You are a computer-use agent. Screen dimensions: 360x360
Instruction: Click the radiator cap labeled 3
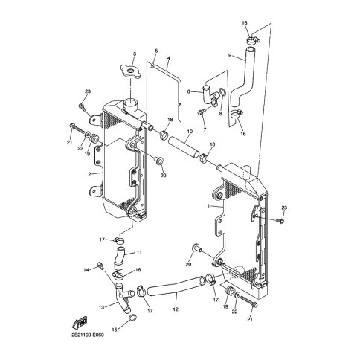[x=131, y=71]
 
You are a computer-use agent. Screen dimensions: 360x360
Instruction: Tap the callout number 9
[x=230, y=55]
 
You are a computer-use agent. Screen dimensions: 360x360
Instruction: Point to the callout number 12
[x=176, y=309]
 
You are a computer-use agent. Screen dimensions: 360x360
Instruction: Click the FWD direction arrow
[x=80, y=322]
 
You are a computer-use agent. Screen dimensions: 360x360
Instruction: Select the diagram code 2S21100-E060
[x=88, y=335]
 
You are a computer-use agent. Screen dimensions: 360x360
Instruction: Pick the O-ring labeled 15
[x=132, y=318]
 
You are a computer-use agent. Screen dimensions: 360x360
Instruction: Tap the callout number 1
[x=208, y=206]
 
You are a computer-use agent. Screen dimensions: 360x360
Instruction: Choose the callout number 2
[x=89, y=174]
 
